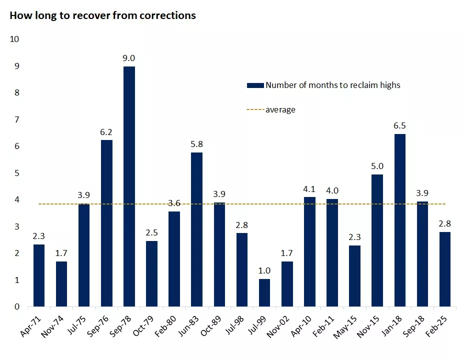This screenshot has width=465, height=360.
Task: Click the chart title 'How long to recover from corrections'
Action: (x=102, y=15)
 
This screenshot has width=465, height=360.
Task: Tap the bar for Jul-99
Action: (x=264, y=293)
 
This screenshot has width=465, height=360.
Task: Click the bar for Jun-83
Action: (x=197, y=229)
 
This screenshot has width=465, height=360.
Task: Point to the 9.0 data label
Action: (x=129, y=58)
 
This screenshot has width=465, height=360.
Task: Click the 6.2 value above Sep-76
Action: (x=106, y=132)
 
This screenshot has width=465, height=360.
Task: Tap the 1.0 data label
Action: (x=264, y=271)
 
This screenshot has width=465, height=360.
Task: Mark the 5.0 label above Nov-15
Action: (x=377, y=166)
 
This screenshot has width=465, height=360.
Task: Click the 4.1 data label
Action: (x=310, y=189)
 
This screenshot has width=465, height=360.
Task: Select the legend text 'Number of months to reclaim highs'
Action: (x=332, y=85)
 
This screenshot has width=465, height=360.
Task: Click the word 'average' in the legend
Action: (x=280, y=109)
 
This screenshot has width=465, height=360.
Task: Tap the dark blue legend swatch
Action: (x=254, y=85)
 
